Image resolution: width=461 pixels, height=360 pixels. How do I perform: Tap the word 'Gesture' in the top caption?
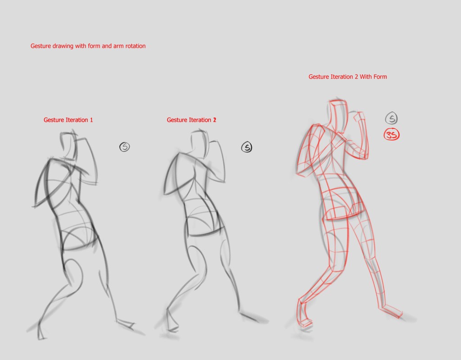pyautogui.click(x=41, y=46)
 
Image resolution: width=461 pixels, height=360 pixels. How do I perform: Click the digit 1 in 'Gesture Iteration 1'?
pyautogui.click(x=91, y=120)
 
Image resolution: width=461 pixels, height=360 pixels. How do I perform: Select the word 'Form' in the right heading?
pyautogui.click(x=380, y=77)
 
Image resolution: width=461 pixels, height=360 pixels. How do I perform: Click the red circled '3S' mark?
pyautogui.click(x=392, y=135)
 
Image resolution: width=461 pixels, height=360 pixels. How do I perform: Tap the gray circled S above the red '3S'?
pyautogui.click(x=391, y=118)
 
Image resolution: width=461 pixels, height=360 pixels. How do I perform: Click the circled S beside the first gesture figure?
pyautogui.click(x=125, y=147)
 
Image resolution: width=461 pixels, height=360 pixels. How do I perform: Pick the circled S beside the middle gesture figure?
pyautogui.click(x=247, y=147)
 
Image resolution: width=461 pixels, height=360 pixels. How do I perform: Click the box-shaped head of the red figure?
pyautogui.click(x=338, y=116)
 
